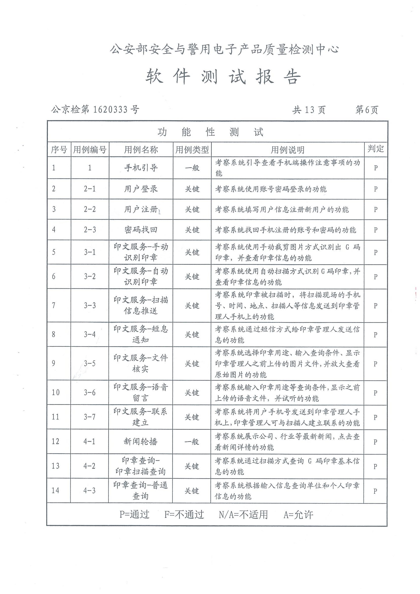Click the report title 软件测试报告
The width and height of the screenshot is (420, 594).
tap(223, 77)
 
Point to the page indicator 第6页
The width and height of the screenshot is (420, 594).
tap(367, 110)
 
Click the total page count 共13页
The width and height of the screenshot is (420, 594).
tap(309, 110)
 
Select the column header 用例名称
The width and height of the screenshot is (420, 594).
tap(141, 150)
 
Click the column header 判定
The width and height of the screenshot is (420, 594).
tap(376, 149)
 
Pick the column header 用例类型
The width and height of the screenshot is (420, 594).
tap(192, 150)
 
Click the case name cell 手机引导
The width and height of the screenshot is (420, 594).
tap(141, 168)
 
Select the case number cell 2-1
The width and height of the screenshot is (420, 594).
tap(90, 189)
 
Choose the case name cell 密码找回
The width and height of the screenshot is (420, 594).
tap(141, 230)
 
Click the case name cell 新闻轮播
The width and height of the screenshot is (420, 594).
tap(140, 441)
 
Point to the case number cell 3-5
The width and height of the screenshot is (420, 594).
tap(90, 364)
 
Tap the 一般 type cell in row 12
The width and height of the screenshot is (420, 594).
tap(192, 442)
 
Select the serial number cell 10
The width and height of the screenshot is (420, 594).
tap(56, 392)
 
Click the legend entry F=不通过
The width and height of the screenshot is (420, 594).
tap(184, 515)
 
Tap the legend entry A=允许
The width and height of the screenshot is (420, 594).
tap(298, 515)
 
